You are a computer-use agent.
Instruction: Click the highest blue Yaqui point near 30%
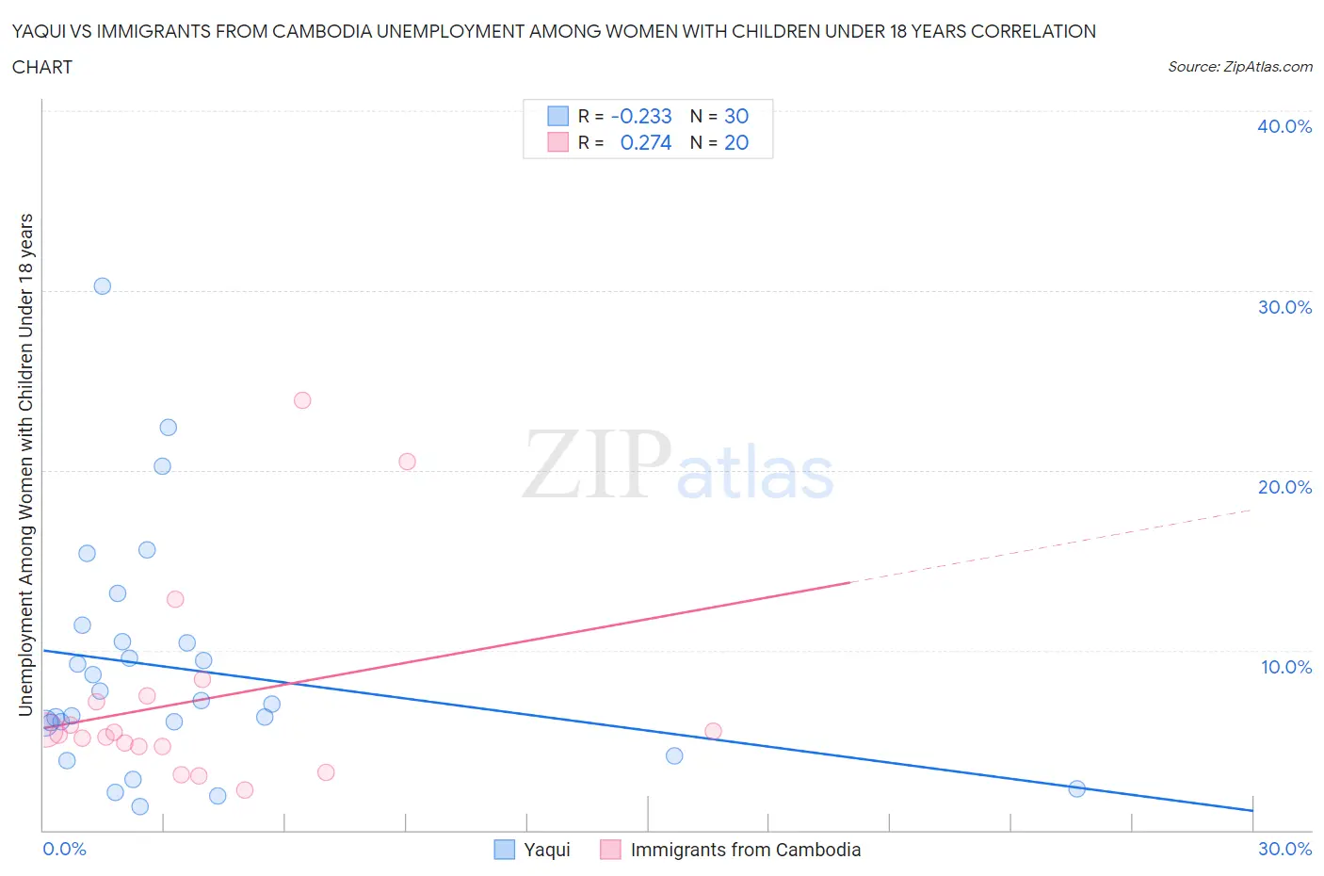[103, 286]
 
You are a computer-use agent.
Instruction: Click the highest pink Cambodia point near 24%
[302, 400]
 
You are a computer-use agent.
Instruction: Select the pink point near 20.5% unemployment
[407, 462]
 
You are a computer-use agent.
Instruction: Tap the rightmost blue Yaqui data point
[1077, 788]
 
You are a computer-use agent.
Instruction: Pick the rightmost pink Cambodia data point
[713, 731]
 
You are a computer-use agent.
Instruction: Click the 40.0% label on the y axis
[1284, 126]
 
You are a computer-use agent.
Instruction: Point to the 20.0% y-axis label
[1284, 487]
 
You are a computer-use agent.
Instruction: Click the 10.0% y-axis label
[1285, 667]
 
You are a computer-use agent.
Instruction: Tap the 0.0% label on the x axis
[64, 849]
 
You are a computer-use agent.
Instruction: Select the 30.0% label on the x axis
[1284, 849]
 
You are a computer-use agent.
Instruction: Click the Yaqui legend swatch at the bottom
[505, 850]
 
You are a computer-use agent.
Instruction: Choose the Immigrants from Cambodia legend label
[745, 850]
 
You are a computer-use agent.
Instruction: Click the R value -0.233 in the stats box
[641, 116]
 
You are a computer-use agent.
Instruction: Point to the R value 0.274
[645, 142]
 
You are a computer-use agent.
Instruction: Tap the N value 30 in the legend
[736, 116]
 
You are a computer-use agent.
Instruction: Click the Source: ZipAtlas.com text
[1239, 66]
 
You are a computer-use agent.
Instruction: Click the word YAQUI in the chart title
[40, 31]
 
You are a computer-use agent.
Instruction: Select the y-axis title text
[25, 463]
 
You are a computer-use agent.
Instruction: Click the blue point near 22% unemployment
[168, 428]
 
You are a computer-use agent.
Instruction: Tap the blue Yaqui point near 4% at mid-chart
[674, 755]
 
